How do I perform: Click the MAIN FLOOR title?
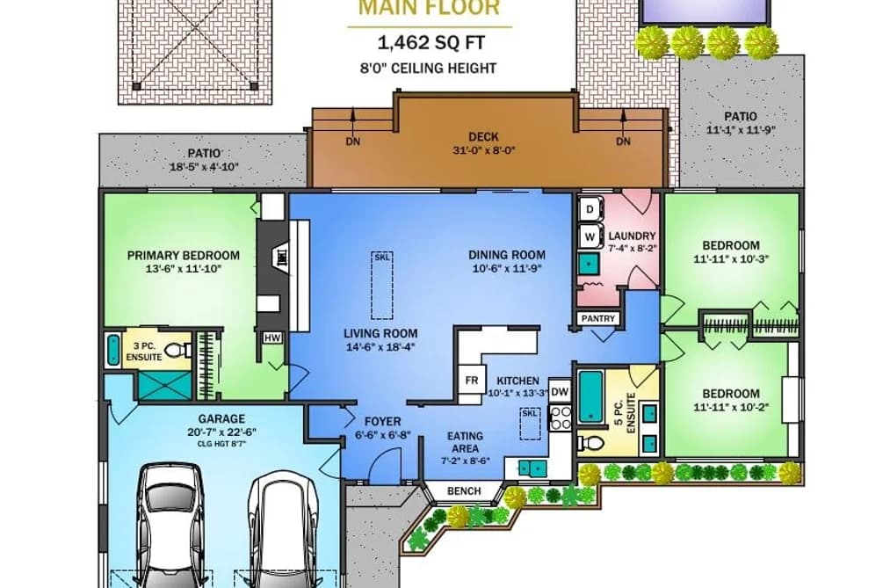coord(430,8)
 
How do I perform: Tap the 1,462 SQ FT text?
coord(431,42)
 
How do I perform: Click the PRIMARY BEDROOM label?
coord(184,256)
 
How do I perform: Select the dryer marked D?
coord(590,209)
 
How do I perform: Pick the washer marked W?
coord(590,236)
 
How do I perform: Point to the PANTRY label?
coord(598,318)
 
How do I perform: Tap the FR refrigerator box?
coord(471,381)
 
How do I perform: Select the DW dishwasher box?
coord(560,391)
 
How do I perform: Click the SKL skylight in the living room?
coord(382,285)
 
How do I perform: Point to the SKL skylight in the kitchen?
coord(531,424)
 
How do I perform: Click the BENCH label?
coord(464,491)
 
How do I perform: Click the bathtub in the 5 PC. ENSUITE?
coord(590,396)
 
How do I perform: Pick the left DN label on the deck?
coord(352,142)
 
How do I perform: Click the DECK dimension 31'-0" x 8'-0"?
coord(483,150)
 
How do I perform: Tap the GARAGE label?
coord(221,419)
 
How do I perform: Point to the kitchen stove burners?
coord(561,417)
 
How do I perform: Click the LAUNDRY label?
coord(632,236)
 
